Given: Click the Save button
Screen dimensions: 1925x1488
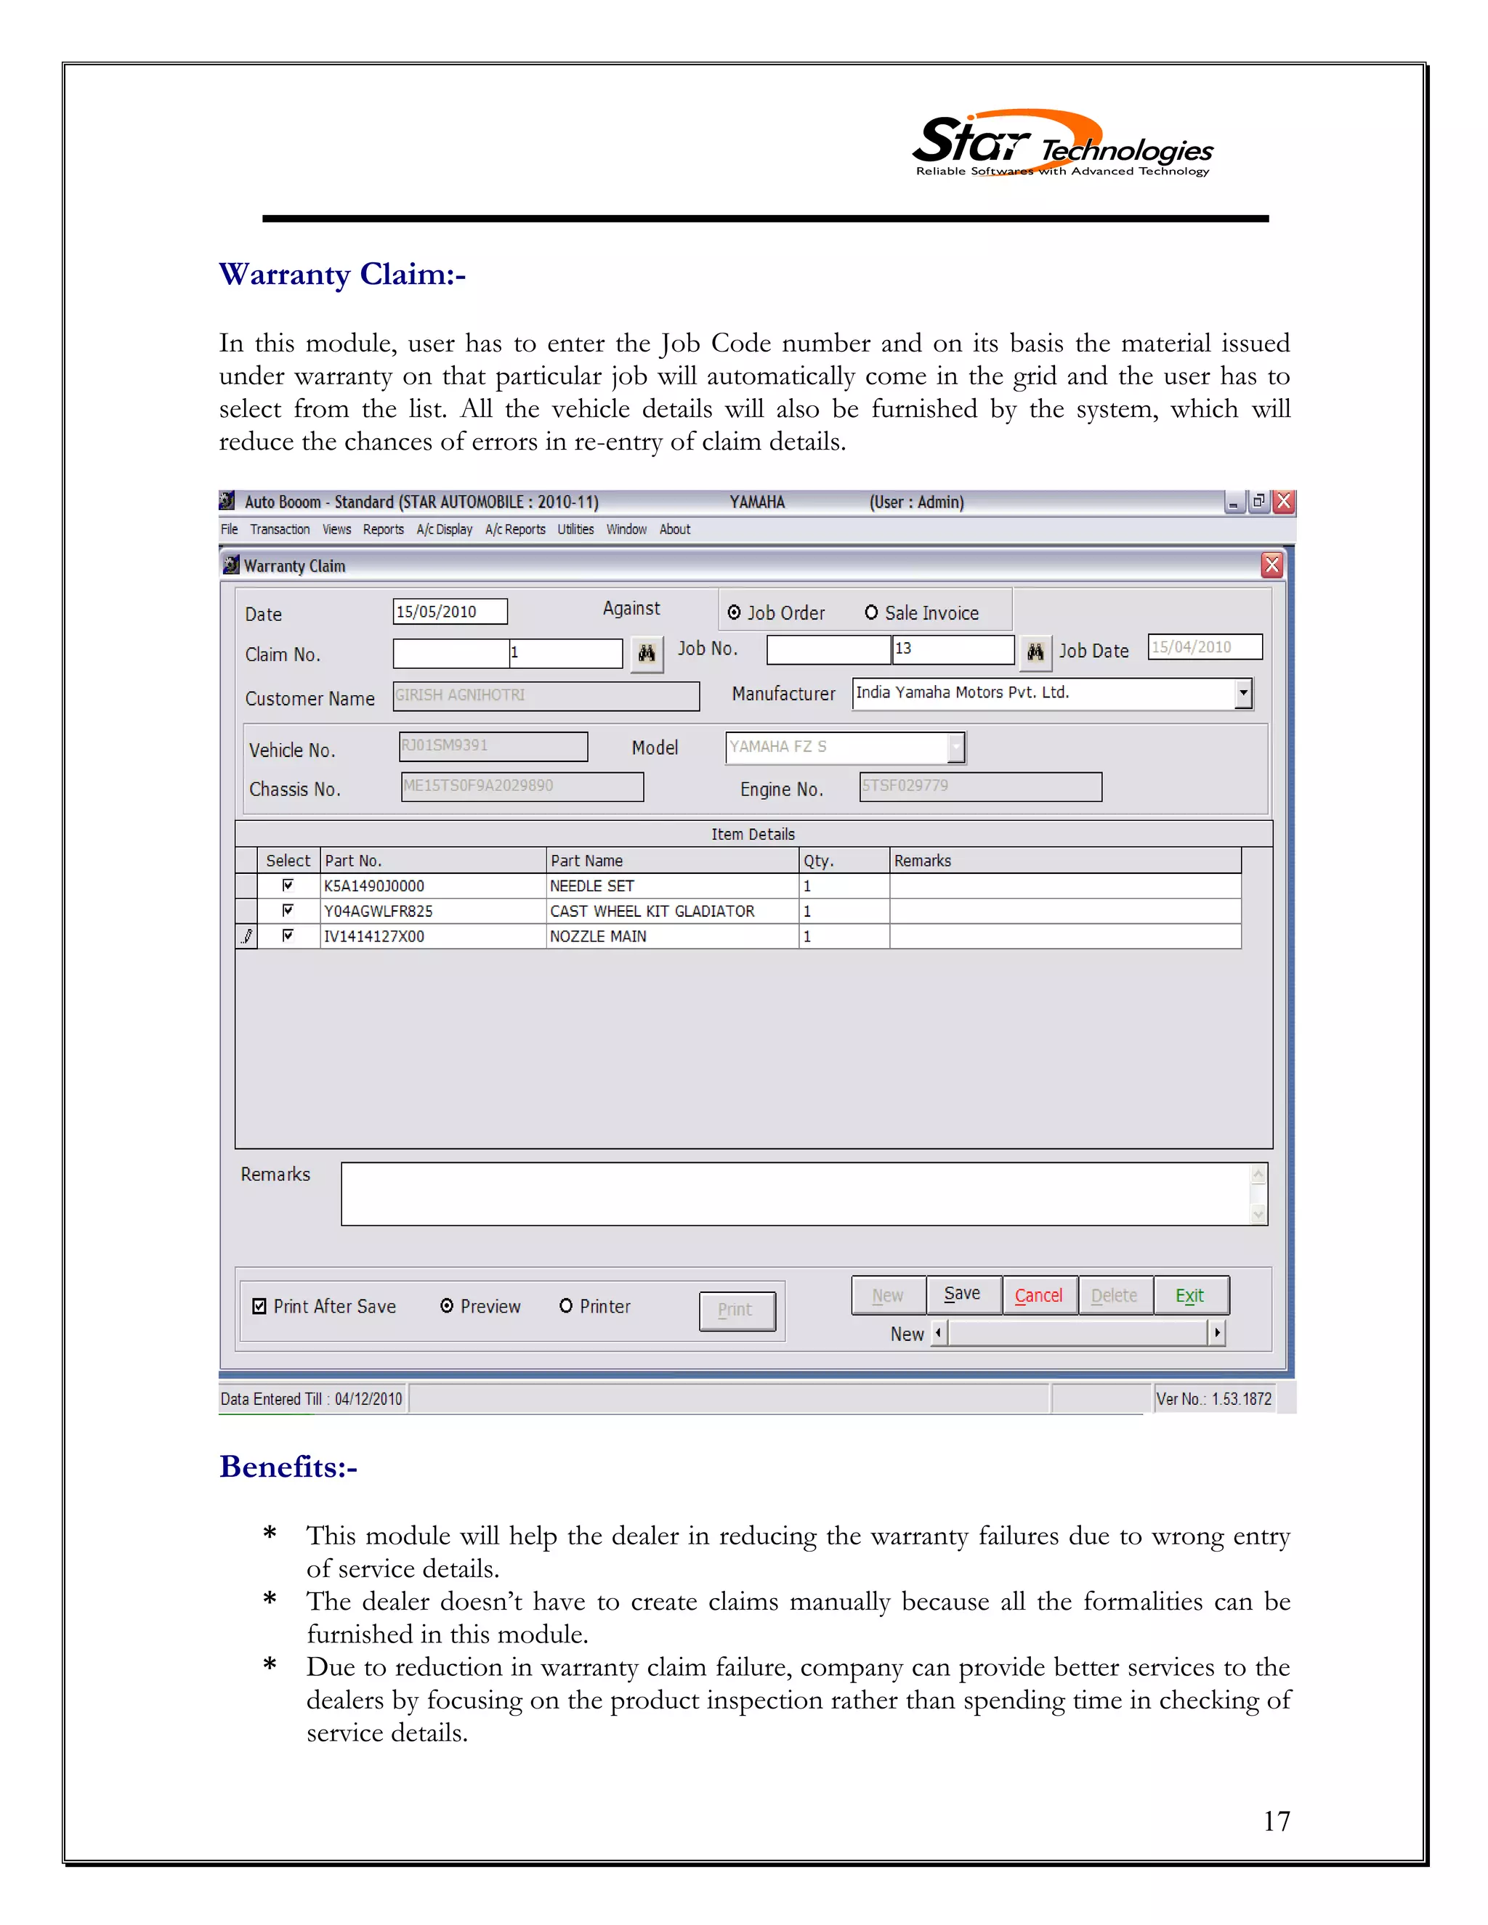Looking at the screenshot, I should pyautogui.click(x=963, y=1294).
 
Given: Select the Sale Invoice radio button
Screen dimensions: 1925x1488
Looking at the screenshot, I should pyautogui.click(x=871, y=612).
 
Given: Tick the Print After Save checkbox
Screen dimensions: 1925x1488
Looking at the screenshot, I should pyautogui.click(x=259, y=1306).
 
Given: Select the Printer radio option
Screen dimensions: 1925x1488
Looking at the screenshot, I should pyautogui.click(x=566, y=1305).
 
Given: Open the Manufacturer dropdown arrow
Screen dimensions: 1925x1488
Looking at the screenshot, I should pyautogui.click(x=1243, y=693).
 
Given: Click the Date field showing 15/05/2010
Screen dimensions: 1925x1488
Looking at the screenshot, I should pyautogui.click(x=450, y=612).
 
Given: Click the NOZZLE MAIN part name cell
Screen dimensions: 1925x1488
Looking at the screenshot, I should pyautogui.click(x=670, y=936).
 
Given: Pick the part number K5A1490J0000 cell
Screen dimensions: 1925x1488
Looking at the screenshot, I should pyautogui.click(x=432, y=885).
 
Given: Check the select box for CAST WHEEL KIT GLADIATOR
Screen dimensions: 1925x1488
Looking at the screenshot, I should pyautogui.click(x=288, y=910).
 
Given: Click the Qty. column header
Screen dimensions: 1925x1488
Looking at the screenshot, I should pyautogui.click(x=843, y=860).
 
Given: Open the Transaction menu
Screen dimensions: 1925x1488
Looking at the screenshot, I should pyautogui.click(x=280, y=529).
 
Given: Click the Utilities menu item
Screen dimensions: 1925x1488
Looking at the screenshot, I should pyautogui.click(x=575, y=529).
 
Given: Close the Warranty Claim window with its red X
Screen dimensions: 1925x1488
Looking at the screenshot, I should pyautogui.click(x=1271, y=565).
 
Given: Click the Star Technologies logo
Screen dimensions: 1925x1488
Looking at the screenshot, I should pyautogui.click(x=1062, y=145).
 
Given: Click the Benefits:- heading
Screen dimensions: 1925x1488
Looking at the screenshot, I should pyautogui.click(x=288, y=1467).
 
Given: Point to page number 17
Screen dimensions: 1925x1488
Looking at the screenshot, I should pyautogui.click(x=1276, y=1821).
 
